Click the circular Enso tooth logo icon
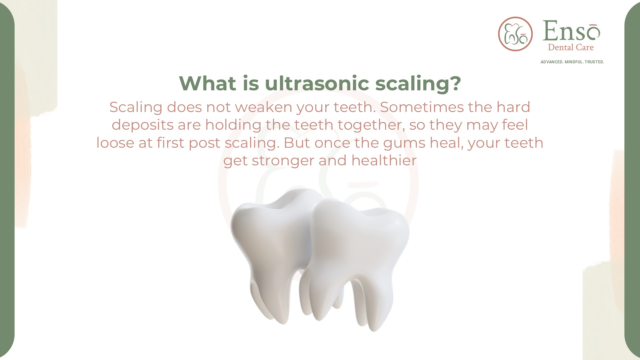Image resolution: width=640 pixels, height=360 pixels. (515, 34)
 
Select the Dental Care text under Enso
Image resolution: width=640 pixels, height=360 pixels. (571, 47)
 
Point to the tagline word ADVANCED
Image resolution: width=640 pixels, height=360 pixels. (551, 62)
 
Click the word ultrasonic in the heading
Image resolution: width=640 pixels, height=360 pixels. (317, 83)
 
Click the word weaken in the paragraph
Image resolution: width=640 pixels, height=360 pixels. (263, 107)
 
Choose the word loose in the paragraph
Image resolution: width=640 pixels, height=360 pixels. (115, 143)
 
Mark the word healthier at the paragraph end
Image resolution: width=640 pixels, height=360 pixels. (384, 161)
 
